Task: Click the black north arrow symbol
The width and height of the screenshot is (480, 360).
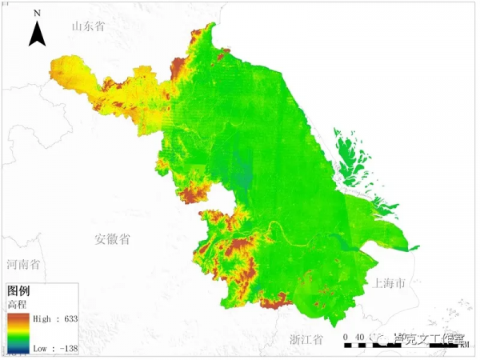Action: point(37,34)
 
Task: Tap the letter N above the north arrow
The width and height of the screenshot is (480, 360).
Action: point(37,14)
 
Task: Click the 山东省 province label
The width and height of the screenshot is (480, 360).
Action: point(88,26)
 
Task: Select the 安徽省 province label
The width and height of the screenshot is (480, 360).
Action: point(112,239)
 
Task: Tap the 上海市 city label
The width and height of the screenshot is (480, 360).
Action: point(390,282)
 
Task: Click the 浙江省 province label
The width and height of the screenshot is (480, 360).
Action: point(306,339)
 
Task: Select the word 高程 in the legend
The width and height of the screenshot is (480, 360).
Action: point(17,305)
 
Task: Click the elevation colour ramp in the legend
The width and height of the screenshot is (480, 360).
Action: point(17,334)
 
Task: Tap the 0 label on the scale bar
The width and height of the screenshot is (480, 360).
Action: point(345,337)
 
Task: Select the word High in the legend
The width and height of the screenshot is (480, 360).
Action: point(42,318)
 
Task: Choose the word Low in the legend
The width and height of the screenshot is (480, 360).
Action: point(40,349)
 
